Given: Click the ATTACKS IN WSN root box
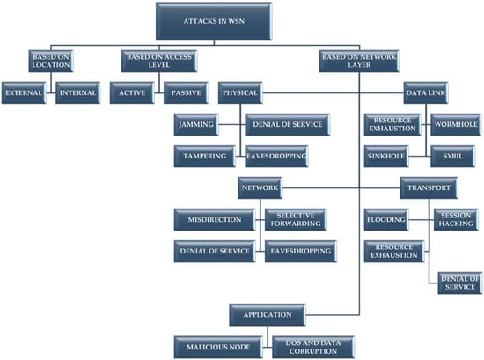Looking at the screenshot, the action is (x=214, y=21).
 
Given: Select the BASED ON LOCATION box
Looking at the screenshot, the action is (x=51, y=61).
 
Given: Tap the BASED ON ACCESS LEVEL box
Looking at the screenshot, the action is (x=159, y=61).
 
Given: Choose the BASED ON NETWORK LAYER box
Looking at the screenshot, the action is (x=359, y=61).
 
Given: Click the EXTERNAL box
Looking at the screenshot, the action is (x=24, y=93).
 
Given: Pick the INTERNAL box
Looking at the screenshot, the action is (x=77, y=93).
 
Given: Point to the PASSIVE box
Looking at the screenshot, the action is (x=187, y=93).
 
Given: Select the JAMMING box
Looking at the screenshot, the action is (x=196, y=124).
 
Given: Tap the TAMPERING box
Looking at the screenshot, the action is (x=205, y=156).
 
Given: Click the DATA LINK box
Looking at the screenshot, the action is (x=426, y=93).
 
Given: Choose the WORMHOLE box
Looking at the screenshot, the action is (x=456, y=124).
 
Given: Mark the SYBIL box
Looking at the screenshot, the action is (x=453, y=156).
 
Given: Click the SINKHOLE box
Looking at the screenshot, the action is (x=386, y=156).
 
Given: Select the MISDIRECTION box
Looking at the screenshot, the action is (x=215, y=219).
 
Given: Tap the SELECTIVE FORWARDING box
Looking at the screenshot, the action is (x=296, y=219).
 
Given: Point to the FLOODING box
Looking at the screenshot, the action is (x=386, y=219).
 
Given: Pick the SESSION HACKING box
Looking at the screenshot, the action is (x=456, y=219).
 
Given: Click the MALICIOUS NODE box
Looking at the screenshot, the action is (x=218, y=347).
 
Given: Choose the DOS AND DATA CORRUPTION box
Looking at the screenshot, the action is (x=313, y=347).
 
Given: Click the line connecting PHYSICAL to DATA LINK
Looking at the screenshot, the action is (x=333, y=93).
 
